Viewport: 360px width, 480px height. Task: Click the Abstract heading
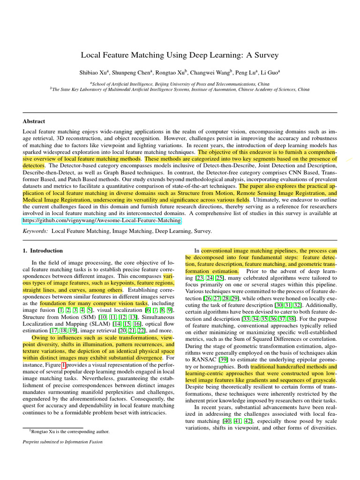tap(34, 121)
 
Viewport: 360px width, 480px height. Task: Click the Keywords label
tap(35, 231)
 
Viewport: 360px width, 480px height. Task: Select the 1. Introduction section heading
tap(43, 251)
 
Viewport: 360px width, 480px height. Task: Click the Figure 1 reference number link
tap(64, 365)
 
